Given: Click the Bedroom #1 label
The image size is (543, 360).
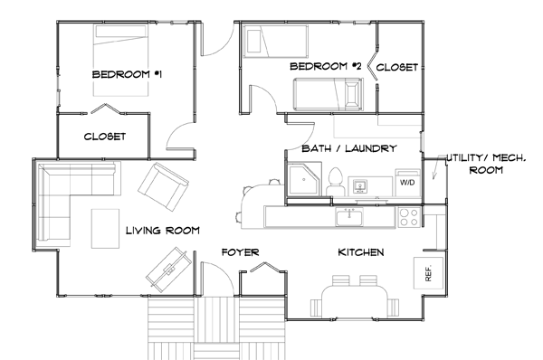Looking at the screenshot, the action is [x=127, y=74].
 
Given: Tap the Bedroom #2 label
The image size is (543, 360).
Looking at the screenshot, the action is [x=325, y=66].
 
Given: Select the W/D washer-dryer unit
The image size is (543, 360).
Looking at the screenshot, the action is [x=407, y=183].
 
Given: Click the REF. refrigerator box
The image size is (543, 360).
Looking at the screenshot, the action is [x=428, y=273].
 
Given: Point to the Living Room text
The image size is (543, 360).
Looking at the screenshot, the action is [x=162, y=230].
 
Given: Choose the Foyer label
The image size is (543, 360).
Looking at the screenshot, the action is [x=240, y=252].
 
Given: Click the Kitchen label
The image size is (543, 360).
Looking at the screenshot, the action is [x=361, y=252].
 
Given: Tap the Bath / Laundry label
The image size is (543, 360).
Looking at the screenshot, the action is [x=349, y=148].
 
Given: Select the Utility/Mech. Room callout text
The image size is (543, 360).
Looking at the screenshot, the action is [x=486, y=164].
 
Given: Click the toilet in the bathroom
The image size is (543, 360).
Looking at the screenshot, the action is [x=335, y=182].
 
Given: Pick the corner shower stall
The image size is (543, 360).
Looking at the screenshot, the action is [x=304, y=180].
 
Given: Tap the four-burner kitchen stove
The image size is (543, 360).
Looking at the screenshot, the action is [x=409, y=217].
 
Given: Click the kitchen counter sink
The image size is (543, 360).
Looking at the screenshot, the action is [x=349, y=217].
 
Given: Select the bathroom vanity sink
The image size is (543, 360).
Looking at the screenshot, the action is [x=360, y=186].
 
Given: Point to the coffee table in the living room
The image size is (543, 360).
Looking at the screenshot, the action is [x=105, y=229].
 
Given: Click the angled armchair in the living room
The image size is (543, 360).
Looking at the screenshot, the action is [x=163, y=187].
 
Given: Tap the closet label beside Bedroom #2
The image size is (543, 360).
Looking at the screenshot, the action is [x=397, y=67].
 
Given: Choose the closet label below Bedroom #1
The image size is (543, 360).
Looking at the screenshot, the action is [x=105, y=137].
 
